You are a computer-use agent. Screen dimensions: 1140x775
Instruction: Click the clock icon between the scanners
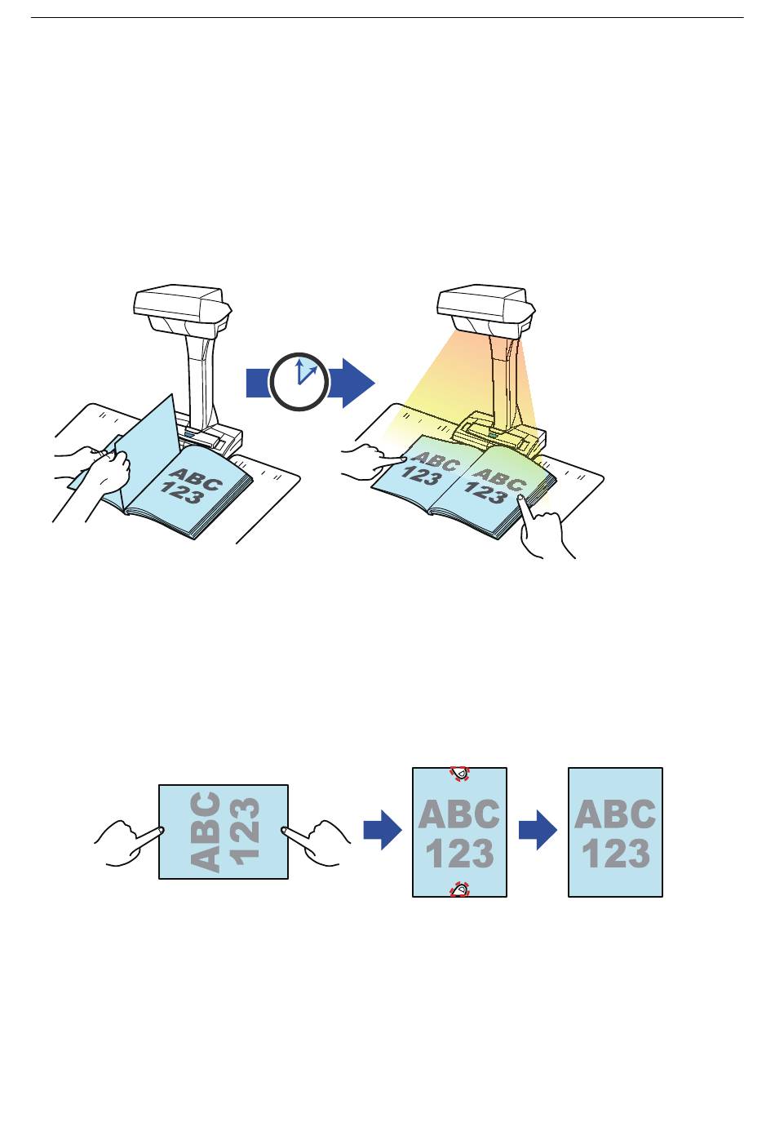pos(299,380)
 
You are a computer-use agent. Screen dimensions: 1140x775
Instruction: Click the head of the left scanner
pos(179,307)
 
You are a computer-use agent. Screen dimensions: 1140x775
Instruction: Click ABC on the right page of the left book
pos(195,477)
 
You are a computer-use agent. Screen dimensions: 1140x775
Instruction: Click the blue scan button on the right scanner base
pos(493,446)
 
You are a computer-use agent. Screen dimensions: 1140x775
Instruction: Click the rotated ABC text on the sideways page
pos(209,832)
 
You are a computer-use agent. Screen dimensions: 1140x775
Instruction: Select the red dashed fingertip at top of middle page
pos(460,774)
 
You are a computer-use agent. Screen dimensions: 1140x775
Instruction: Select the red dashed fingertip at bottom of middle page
pos(460,889)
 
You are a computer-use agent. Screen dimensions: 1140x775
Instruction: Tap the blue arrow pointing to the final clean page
pos(538,832)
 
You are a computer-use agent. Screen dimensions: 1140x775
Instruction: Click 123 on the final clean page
pos(615,854)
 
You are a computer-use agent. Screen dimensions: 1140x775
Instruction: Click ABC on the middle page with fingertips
pos(459,814)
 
